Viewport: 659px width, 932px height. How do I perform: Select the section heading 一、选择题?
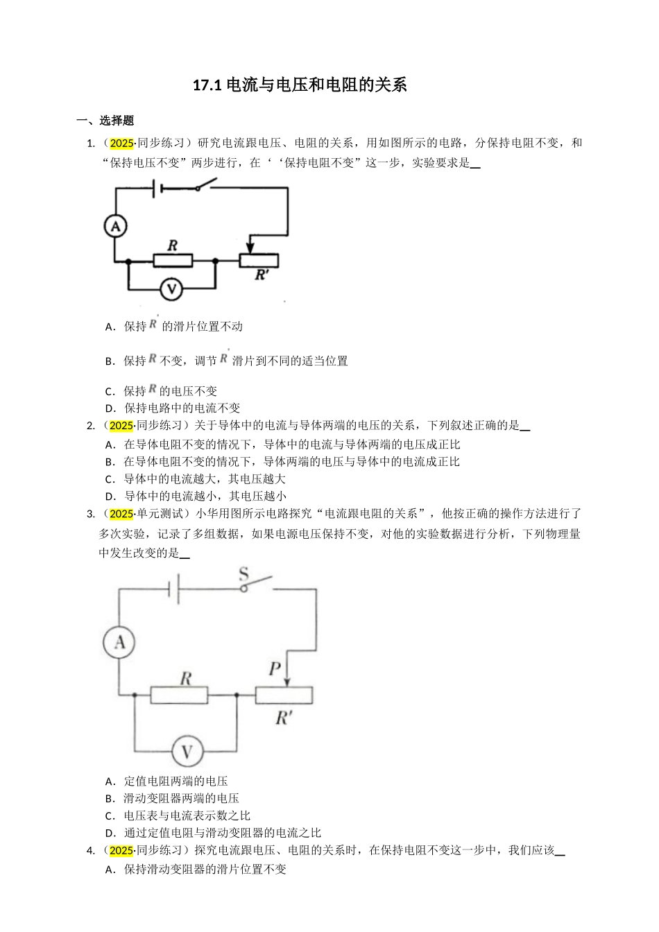[x=105, y=121]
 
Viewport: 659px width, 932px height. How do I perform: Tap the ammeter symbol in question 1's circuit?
[x=116, y=225]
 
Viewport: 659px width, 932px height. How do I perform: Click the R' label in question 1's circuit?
[x=262, y=275]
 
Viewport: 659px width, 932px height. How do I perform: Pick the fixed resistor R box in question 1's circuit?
[x=172, y=261]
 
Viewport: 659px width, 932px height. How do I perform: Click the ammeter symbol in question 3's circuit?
[x=119, y=643]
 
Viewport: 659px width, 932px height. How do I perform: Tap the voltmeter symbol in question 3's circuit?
[x=186, y=751]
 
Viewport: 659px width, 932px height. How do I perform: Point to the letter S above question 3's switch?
[x=243, y=573]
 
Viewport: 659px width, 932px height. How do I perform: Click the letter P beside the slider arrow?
[x=275, y=669]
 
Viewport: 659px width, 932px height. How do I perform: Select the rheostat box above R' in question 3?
[x=284, y=695]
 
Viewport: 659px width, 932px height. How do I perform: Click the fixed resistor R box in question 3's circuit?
[x=179, y=695]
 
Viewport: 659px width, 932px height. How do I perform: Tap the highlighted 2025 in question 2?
[x=121, y=426]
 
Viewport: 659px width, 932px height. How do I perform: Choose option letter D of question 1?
[x=109, y=408]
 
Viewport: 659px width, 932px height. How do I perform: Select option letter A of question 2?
[x=109, y=445]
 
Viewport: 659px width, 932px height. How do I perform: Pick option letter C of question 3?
[x=109, y=816]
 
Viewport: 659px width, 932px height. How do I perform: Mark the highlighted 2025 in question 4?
[x=121, y=851]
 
